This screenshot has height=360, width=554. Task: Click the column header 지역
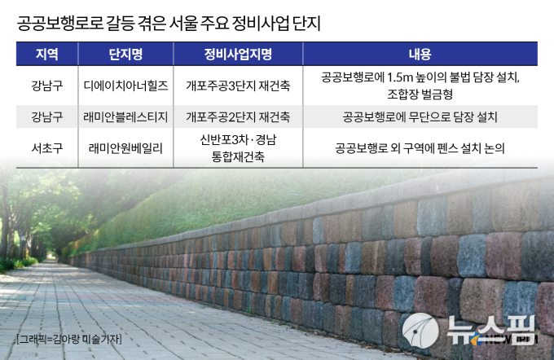click(46, 54)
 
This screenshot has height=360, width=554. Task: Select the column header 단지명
click(125, 54)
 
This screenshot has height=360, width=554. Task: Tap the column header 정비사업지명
click(238, 54)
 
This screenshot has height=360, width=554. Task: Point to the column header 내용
click(420, 54)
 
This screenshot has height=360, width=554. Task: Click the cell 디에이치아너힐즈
click(125, 86)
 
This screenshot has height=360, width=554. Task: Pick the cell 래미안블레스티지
click(125, 116)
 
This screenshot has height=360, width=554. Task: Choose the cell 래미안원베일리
click(125, 147)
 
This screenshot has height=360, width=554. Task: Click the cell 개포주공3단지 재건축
click(238, 86)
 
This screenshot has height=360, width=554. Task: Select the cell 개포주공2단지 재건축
click(238, 116)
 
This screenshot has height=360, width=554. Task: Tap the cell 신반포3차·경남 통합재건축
click(238, 147)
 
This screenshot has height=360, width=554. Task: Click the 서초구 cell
click(47, 147)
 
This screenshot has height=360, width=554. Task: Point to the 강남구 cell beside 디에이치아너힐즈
click(47, 86)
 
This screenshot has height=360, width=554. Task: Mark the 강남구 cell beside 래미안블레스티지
click(47, 116)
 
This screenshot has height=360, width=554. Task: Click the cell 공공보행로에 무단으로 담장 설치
click(420, 116)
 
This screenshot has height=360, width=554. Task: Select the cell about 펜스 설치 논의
click(420, 148)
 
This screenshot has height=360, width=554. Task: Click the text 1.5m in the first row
click(400, 77)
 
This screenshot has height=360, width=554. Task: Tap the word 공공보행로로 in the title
click(60, 24)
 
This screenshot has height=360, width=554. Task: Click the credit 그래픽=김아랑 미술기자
click(69, 339)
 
